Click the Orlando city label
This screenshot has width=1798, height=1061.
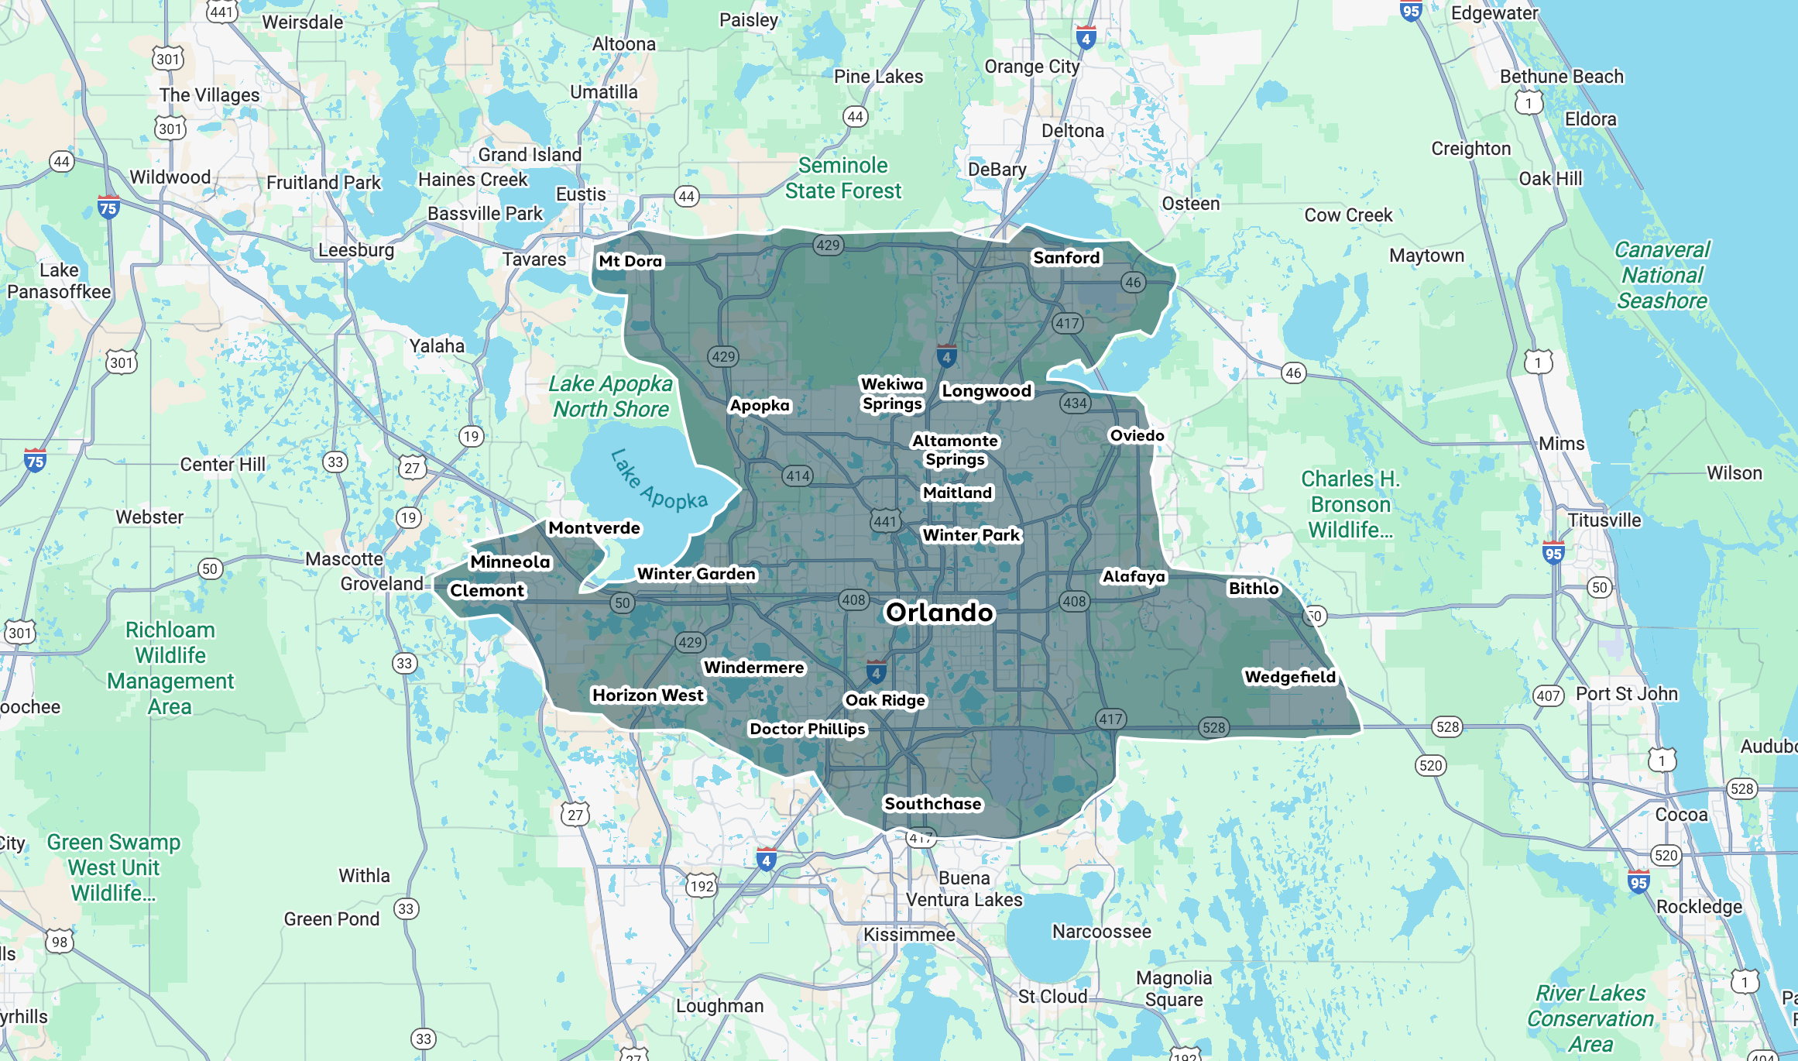coord(939,613)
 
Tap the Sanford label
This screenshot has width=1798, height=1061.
coord(1066,258)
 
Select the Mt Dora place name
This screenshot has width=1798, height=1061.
coord(630,262)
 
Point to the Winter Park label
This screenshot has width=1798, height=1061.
coord(971,535)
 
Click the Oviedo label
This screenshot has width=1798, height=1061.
coord(1137,435)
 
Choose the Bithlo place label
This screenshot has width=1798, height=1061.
coord(1254,589)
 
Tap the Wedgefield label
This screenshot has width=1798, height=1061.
coord(1290,677)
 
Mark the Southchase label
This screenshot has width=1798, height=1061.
coord(933,804)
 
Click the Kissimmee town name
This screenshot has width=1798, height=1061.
coord(909,935)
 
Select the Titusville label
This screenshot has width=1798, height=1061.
coord(1604,520)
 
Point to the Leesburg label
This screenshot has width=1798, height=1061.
coord(356,250)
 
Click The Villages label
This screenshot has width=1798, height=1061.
coord(209,95)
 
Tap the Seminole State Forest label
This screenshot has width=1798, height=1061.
coord(843,178)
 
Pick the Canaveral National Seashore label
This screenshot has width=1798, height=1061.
coord(1662,275)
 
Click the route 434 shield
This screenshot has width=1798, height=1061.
coord(1076,403)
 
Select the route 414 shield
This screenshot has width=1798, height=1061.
coord(798,476)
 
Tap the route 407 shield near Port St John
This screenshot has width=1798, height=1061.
coord(1548,695)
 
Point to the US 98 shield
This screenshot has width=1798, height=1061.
coord(60,942)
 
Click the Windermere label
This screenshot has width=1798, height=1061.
coord(753,668)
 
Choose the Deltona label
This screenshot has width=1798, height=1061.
coord(1072,131)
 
